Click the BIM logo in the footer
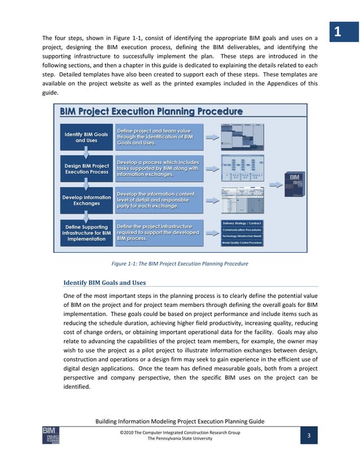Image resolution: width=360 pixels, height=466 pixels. click(x=50, y=436)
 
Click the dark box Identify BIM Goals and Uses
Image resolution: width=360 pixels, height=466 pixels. click(x=86, y=137)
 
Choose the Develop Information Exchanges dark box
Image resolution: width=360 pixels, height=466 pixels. click(x=86, y=200)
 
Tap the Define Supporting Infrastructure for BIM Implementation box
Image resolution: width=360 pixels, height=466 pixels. click(x=86, y=233)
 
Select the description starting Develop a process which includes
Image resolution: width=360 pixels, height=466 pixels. click(x=157, y=168)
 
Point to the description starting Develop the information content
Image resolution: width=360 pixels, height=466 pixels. click(x=156, y=200)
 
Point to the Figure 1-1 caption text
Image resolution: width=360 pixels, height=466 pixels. click(x=180, y=263)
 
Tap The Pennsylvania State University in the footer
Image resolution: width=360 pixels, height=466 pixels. click(x=180, y=438)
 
